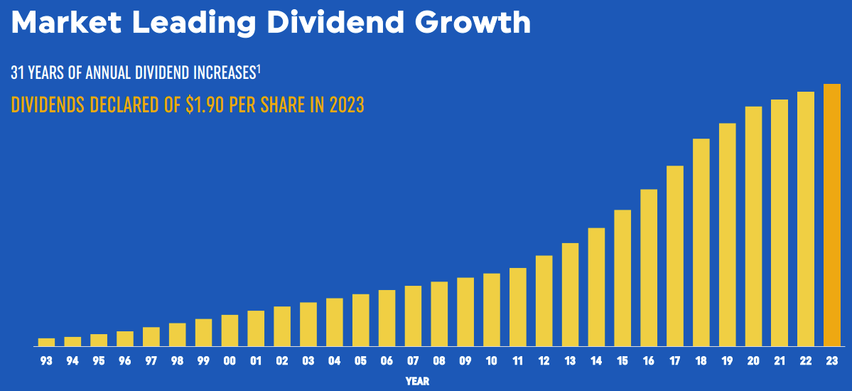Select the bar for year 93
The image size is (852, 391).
coord(46,342)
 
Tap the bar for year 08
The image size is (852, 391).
coord(439,314)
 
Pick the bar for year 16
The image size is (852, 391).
coord(649,267)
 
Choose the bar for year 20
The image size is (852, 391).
coord(753,226)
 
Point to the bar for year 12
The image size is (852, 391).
coord(544,300)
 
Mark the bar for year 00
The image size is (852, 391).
coord(230,330)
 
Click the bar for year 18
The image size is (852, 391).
coord(701,242)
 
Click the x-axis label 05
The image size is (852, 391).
coord(360,361)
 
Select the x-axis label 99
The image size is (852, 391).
coord(203,361)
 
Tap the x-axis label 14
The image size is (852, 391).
coord(596,361)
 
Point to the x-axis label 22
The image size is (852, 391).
coord(806,361)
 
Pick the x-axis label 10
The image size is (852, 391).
coord(491,361)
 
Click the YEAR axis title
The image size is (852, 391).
coord(417,382)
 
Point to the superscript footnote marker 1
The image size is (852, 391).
coord(259,68)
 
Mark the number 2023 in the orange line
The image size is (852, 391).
coord(345,105)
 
